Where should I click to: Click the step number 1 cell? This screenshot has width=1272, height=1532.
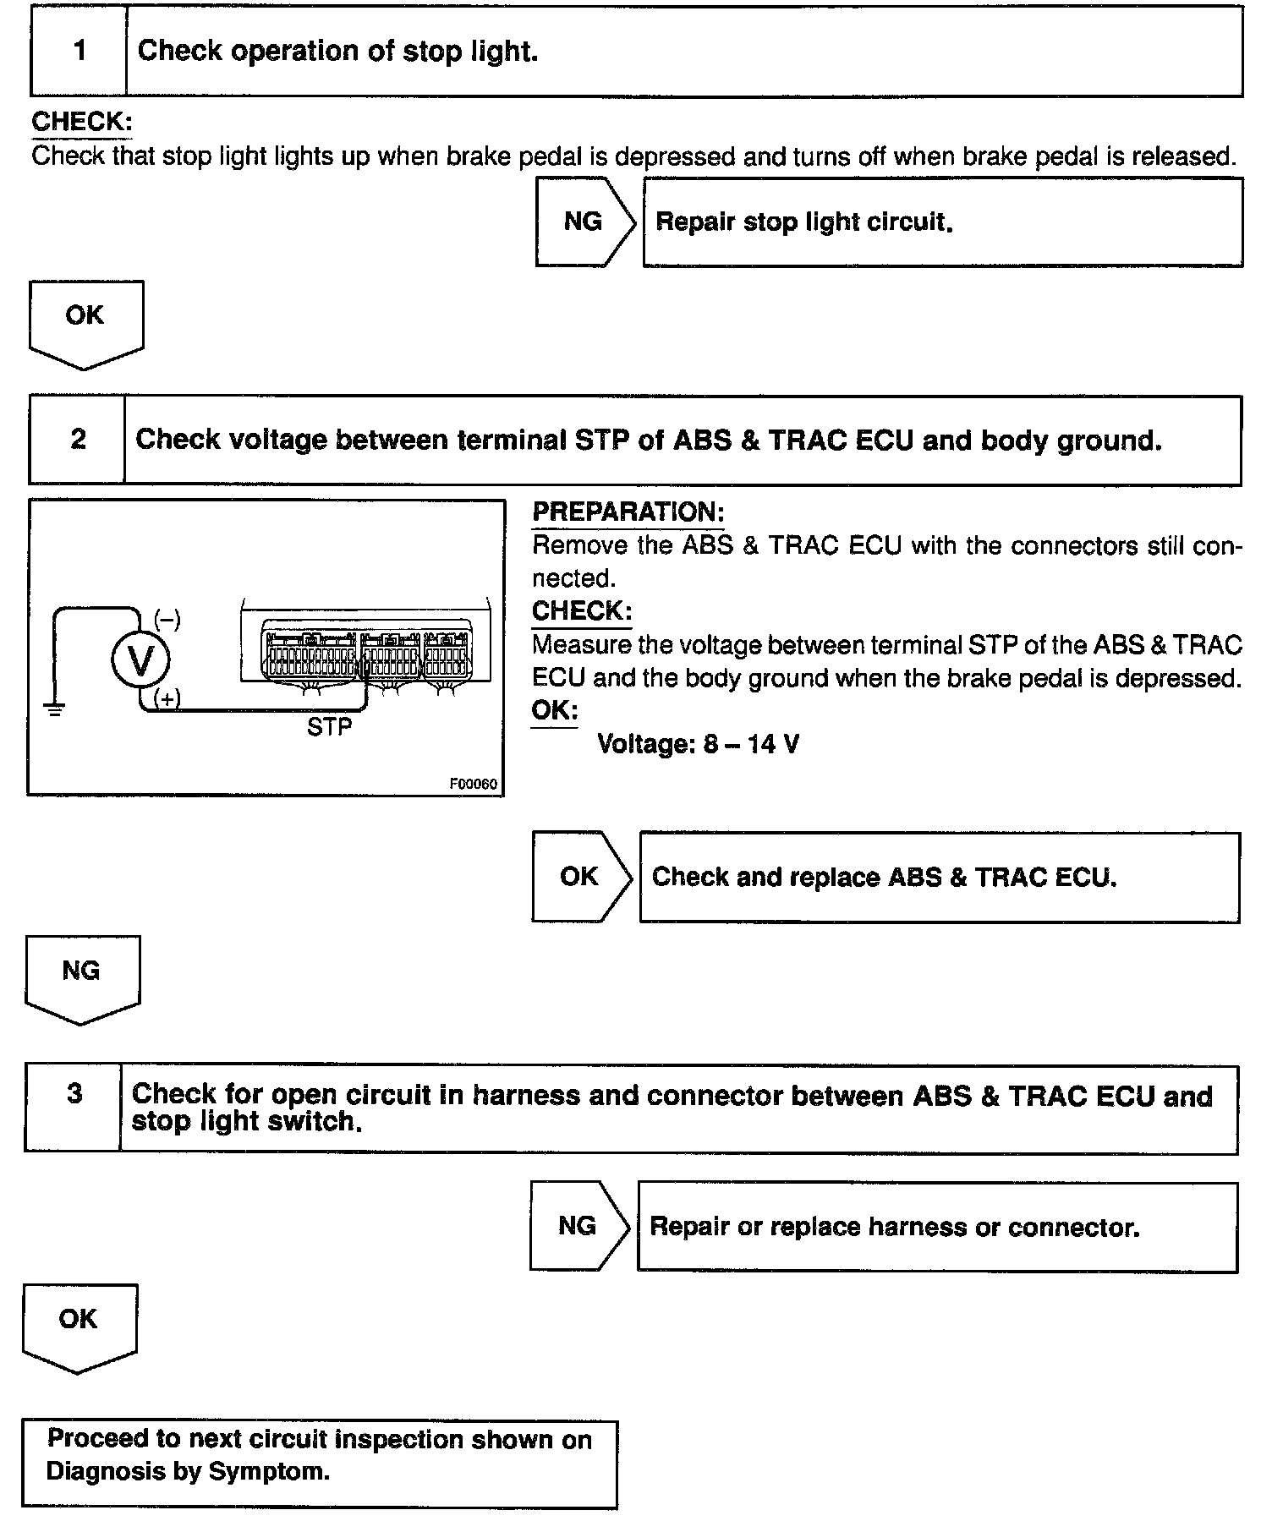point(79,51)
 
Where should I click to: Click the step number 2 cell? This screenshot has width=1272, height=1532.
point(77,440)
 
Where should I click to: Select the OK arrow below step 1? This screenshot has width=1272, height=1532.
point(85,321)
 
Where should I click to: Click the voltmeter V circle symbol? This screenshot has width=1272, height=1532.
point(140,660)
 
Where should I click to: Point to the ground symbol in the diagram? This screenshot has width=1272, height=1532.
point(55,709)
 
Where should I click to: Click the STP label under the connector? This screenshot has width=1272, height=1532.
point(329,727)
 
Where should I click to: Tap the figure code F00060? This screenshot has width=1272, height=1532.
point(473,784)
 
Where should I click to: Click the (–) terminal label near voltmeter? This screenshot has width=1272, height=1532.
point(167,620)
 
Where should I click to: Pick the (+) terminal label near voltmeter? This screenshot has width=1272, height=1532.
point(167,698)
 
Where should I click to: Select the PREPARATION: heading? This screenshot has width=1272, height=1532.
point(628,512)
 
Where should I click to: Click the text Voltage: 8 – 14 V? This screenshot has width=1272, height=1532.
point(698,744)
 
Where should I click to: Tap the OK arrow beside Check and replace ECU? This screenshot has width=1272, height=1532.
point(580,876)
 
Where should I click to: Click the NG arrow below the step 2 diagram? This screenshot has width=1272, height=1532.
point(81,976)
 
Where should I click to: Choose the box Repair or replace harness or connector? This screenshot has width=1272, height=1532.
point(936,1227)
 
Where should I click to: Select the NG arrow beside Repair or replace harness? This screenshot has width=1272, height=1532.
point(578,1225)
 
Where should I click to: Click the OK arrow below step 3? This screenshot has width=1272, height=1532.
point(79,1325)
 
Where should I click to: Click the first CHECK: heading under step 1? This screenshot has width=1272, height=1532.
point(81,122)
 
